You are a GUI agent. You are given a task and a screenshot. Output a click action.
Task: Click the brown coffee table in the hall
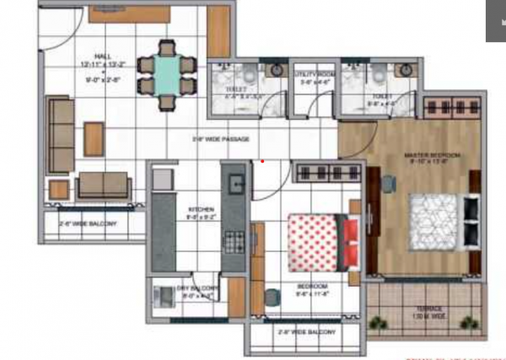click(x=94, y=138)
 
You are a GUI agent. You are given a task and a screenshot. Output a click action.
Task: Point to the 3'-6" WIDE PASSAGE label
click(x=222, y=138)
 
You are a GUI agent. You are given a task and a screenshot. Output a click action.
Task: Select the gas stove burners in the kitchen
click(x=233, y=239)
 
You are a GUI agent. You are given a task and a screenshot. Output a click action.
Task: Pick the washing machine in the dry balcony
click(x=163, y=296)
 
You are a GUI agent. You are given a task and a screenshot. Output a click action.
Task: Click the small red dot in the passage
click(x=262, y=160)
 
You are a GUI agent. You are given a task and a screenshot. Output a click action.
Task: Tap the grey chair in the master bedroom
click(x=389, y=183)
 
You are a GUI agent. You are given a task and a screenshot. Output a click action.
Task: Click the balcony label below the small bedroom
click(x=305, y=332)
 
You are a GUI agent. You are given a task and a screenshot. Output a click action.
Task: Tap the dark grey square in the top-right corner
click(x=495, y=21)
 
